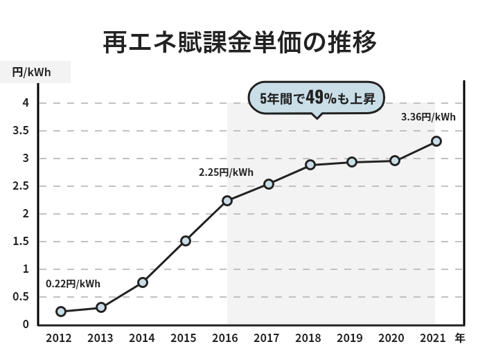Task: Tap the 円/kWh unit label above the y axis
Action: point(31,71)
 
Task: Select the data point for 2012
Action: point(61,312)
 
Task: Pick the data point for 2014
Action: point(143,282)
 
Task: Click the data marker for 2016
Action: point(227,201)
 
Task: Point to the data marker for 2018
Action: point(310,165)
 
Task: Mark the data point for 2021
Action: point(436,141)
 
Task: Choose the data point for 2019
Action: point(352,162)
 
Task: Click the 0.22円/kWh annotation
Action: point(73,283)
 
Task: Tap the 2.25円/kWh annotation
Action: point(226,172)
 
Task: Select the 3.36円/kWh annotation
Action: point(428,117)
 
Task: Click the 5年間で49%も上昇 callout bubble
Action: point(316,98)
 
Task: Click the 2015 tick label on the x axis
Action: point(184,339)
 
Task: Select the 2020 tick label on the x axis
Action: point(391,339)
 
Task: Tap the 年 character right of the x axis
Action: point(460,339)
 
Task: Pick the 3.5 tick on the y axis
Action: point(20,131)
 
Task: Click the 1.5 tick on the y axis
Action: point(20,242)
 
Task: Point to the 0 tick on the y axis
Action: point(25,325)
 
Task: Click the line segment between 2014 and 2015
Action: point(164,262)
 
